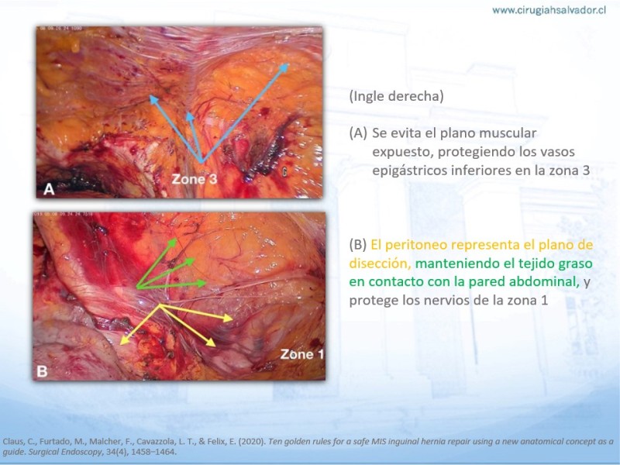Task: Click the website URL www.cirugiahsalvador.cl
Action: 549,10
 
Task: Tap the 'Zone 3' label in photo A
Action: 195,179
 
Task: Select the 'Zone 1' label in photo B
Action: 302,354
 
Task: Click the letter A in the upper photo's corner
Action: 49,189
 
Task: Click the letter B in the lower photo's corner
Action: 42,371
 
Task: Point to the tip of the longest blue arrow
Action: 288,64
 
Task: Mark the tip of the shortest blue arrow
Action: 189,112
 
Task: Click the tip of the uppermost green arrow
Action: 177,239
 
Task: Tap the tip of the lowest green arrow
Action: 206,283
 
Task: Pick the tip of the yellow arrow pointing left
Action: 120,344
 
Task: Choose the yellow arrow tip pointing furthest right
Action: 233,319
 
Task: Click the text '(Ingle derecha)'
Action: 396,95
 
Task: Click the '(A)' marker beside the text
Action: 358,133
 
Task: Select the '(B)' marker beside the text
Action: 358,245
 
